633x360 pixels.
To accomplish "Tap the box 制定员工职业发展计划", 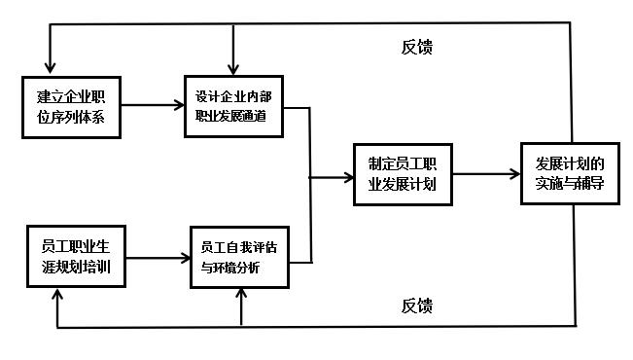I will click(401, 175).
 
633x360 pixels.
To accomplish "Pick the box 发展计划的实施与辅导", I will click(569, 175).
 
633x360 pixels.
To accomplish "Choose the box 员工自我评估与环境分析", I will click(238, 258).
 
